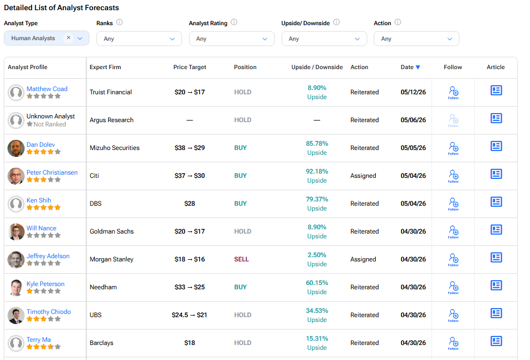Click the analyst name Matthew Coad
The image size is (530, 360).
point(47,88)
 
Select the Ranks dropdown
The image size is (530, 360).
point(139,39)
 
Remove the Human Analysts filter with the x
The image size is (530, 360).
point(69,37)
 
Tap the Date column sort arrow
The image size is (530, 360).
point(418,67)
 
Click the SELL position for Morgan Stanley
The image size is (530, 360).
point(241,259)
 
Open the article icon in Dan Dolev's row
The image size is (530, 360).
point(496,146)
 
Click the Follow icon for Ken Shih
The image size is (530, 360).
point(453,204)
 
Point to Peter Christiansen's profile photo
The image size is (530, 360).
point(16,176)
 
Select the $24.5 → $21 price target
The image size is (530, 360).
point(190,315)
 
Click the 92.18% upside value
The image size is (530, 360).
point(317,171)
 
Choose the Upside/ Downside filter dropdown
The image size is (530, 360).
point(324,39)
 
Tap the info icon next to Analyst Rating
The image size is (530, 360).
point(234,22)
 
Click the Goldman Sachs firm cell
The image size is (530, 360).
point(111,231)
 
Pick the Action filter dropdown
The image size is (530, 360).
point(417,39)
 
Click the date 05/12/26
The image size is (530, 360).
point(413,92)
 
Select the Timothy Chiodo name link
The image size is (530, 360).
point(49,312)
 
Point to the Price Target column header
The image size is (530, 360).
point(190,67)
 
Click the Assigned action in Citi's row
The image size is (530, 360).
point(363,176)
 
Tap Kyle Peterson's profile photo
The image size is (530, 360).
point(16,287)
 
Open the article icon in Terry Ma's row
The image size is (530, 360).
point(496,341)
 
